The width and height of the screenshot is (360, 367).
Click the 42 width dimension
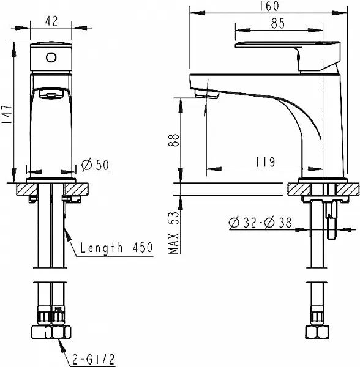[x=51, y=21]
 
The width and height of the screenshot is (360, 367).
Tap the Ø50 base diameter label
[x=95, y=165]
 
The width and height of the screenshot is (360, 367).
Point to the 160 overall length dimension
[x=269, y=6]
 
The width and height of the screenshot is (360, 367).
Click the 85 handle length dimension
[x=278, y=23]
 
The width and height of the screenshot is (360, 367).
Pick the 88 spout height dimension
[x=173, y=140]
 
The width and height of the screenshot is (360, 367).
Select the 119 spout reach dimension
[x=265, y=161]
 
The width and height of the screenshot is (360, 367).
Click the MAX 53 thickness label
[x=173, y=232]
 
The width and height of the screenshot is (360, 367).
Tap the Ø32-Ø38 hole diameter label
[x=260, y=223]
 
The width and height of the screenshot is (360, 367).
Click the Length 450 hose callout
[x=116, y=248]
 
